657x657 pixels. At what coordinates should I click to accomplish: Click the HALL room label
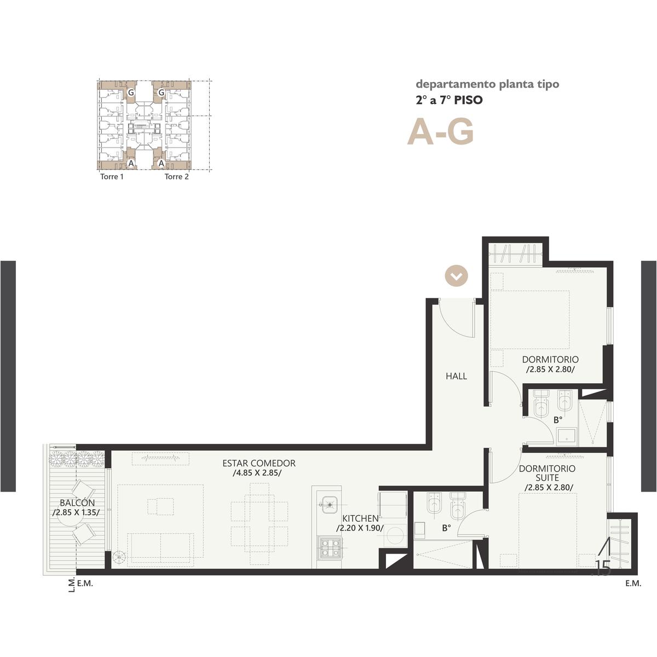tap(456, 376)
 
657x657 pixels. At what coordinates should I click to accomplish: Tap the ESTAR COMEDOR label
tap(259, 463)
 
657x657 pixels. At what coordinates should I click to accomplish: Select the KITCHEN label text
tap(360, 518)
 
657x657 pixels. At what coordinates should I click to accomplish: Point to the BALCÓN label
tap(77, 503)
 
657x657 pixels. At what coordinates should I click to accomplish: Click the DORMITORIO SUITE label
tap(547, 473)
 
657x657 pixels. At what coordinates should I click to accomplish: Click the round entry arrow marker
tap(457, 276)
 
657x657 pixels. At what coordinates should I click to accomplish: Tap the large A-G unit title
tap(441, 132)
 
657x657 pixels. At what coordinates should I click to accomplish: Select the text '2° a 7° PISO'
tap(449, 100)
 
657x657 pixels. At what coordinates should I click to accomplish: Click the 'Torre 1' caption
tap(112, 177)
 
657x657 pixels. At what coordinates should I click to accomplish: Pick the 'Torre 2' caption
tap(177, 177)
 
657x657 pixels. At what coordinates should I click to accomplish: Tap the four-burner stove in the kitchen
tap(330, 547)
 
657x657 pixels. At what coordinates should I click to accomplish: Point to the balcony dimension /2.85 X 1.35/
tap(76, 512)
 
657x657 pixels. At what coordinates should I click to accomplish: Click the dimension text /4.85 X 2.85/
tap(257, 473)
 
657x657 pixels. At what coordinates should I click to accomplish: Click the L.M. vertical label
tap(72, 585)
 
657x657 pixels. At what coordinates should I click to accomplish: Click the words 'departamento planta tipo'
tap(488, 84)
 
